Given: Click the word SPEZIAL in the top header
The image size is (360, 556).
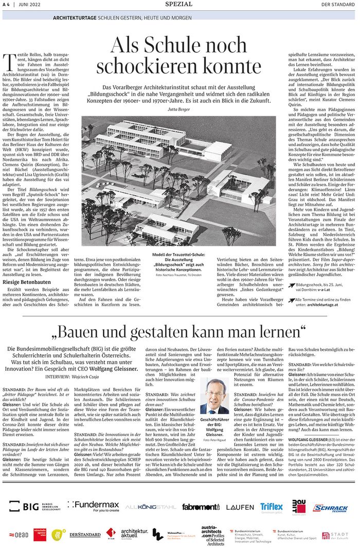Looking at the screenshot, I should (x=179, y=4).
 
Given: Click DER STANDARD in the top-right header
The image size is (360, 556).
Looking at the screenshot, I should (x=337, y=5).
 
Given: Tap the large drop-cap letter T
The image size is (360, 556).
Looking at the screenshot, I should (x=8, y=61).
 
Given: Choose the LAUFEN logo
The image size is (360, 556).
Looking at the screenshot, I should (x=239, y=507).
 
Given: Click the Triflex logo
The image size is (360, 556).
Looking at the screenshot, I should (x=271, y=507).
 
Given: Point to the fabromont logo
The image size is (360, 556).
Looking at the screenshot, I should (x=201, y=507).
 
